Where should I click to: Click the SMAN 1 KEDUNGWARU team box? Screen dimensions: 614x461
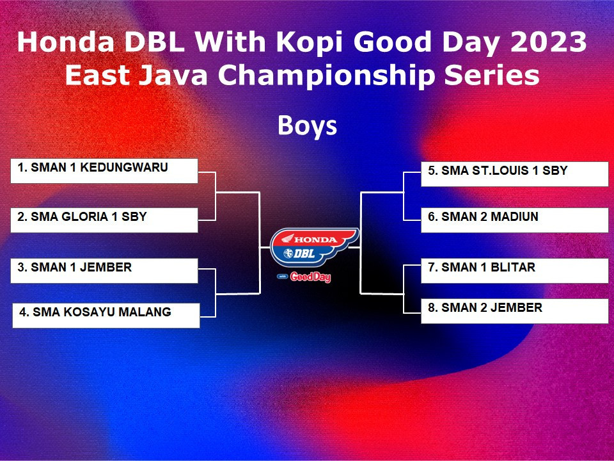[104, 170]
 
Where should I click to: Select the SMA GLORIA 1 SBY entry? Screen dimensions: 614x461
[104, 220]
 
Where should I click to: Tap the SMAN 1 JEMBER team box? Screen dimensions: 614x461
[104, 270]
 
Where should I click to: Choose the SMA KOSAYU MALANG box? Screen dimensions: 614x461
[106, 315]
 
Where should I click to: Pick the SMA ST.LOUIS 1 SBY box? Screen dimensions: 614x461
[514, 174]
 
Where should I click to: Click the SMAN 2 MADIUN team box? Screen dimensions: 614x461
[514, 220]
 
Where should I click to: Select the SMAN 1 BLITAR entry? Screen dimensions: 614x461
[514, 270]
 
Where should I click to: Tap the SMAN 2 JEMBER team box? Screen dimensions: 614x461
[514, 311]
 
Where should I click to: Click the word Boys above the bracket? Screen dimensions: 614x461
[308, 126]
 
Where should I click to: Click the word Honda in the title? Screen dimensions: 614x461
[65, 42]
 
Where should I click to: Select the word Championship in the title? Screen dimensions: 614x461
[326, 76]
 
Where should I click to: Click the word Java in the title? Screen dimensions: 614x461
[173, 75]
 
